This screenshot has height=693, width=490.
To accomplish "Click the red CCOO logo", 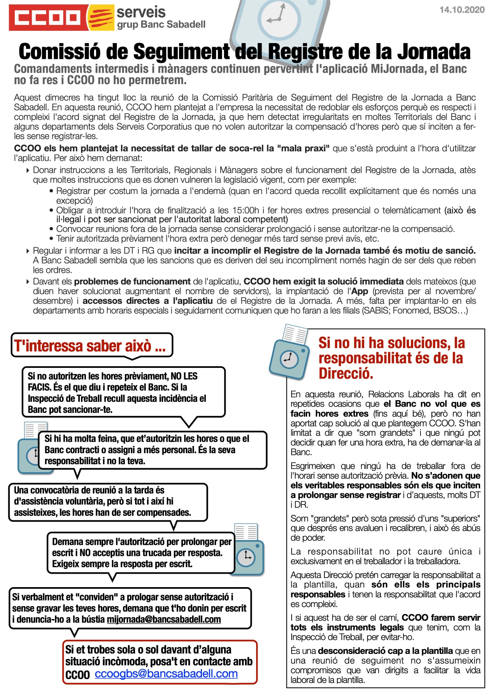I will (47, 17).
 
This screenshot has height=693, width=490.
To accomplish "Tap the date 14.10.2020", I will (462, 10).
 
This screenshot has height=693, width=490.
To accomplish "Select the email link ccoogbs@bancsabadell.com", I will (166, 674).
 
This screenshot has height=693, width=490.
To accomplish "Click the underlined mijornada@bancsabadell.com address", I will (164, 619).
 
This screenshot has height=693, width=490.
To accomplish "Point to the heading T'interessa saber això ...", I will (90, 346).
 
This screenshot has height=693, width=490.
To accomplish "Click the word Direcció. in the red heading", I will (346, 373).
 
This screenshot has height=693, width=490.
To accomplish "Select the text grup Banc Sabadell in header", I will (161, 24).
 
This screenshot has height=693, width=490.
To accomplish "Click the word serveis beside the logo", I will (141, 12).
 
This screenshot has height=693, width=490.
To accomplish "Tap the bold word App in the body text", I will (360, 291).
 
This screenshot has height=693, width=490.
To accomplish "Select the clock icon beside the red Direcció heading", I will (288, 359).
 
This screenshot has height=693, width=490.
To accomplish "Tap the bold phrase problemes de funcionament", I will (132, 282).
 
